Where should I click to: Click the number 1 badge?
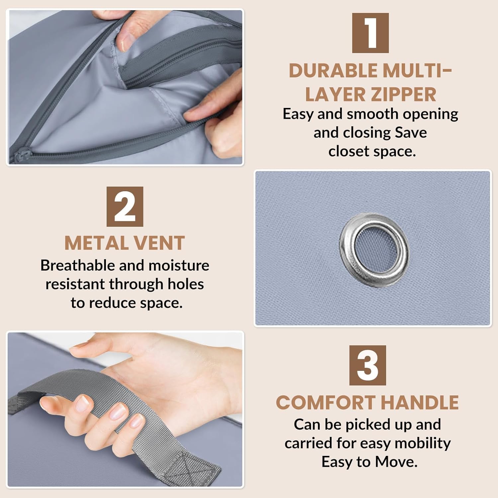click(370, 33)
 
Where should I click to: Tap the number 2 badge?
click(125, 207)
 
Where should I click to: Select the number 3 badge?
click(368, 365)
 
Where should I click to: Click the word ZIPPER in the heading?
click(404, 94)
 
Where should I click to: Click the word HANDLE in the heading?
click(420, 403)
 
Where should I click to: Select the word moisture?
click(179, 265)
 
